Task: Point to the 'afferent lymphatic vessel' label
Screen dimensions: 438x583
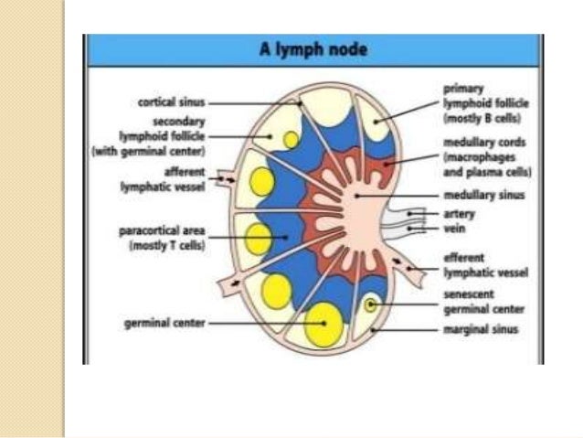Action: (x=174, y=178)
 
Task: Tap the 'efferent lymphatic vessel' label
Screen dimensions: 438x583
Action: (x=485, y=265)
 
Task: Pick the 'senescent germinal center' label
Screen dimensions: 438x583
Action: (x=482, y=303)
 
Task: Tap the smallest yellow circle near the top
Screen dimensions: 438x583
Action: (x=291, y=139)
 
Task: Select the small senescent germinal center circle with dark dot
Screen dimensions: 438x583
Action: (x=370, y=304)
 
